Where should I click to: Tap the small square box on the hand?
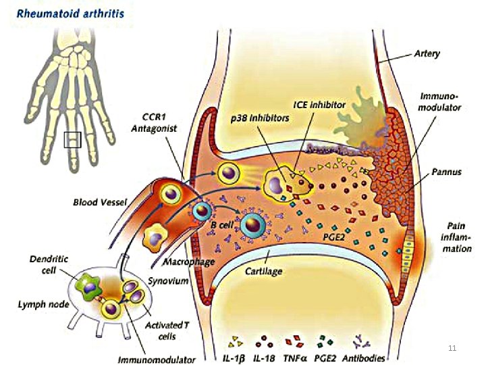coord(72,140)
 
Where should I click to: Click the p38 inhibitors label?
coord(260,117)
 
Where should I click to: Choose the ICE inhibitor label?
coord(319,105)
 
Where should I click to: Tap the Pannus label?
coord(448,172)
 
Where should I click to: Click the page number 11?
coord(452,347)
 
